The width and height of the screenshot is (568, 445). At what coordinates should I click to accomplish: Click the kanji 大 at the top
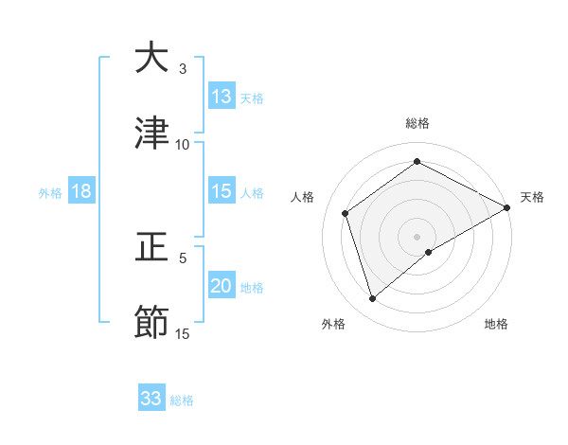point(151,58)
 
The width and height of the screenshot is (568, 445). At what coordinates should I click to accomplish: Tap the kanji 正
point(151,247)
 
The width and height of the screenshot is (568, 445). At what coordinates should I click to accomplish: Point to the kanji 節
point(151,322)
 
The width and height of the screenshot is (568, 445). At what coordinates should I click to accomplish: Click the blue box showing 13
point(222,97)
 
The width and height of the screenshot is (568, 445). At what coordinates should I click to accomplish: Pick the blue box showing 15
point(222,191)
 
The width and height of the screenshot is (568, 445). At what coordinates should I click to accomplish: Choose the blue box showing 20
point(222,287)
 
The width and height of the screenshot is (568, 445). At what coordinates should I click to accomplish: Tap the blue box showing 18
point(81,191)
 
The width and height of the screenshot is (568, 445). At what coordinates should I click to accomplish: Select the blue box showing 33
point(151,399)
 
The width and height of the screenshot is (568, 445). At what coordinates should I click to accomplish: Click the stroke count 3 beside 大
point(183,69)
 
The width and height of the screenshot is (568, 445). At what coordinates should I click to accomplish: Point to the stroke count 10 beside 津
point(183,145)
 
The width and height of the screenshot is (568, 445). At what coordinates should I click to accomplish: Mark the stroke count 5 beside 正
point(183,258)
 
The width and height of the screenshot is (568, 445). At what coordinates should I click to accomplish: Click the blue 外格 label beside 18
point(50,192)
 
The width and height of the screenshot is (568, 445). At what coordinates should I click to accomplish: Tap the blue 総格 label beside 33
point(182,400)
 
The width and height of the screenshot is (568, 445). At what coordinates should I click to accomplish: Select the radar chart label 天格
point(532,197)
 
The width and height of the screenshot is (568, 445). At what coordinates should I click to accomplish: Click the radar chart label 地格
point(496,324)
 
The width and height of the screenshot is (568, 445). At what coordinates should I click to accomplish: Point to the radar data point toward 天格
point(507,209)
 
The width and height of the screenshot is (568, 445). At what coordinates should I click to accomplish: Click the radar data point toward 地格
point(429,252)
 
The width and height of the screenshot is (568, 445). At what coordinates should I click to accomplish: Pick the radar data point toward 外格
point(373,299)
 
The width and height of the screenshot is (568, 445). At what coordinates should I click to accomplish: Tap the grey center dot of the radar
point(417,236)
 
